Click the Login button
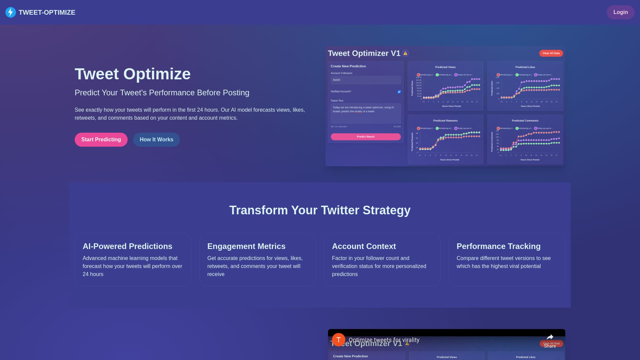pos(620,12)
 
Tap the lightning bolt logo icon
pos(11,12)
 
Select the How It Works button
pos(156,140)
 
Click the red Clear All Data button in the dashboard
pos(551,53)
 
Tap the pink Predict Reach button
pos(366,137)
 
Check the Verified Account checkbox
pos(399,92)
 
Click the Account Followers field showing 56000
pos(366,80)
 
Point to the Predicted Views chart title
pos(445,67)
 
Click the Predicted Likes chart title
pos(525,67)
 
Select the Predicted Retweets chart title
pos(445,121)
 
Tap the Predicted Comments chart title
pos(525,121)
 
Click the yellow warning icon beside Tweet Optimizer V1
pos(405,53)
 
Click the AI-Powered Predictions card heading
pos(127,246)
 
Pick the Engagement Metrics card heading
pos(246,246)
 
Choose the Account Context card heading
pos(364,246)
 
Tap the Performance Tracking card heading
pos(498,246)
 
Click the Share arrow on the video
pos(550,337)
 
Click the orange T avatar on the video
pos(338,340)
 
